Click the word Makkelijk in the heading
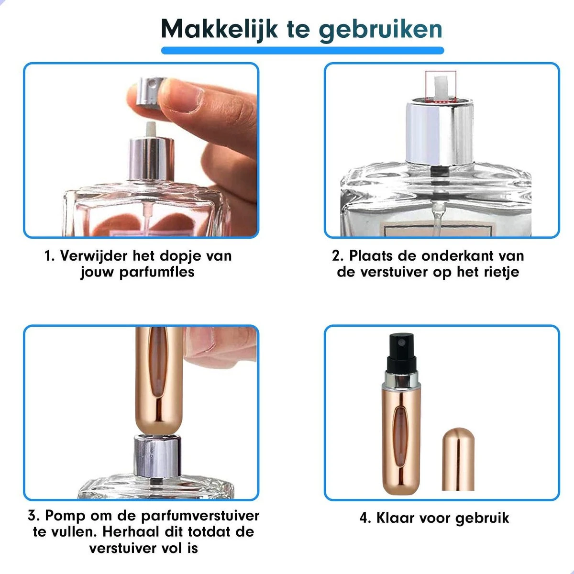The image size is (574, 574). (x=219, y=29)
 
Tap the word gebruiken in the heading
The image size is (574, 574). (x=380, y=29)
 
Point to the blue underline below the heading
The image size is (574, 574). (x=302, y=50)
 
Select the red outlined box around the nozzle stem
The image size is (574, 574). (x=441, y=87)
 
